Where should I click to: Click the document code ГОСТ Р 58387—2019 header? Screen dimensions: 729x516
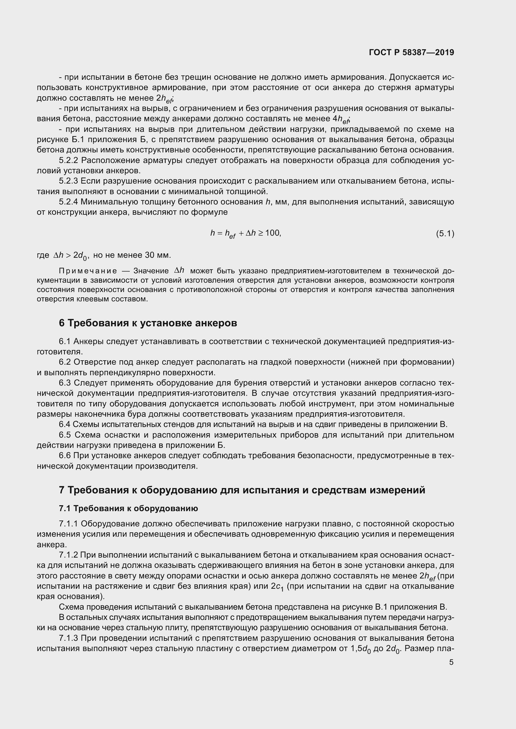(x=411, y=52)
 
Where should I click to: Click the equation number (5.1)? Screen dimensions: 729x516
(x=445, y=234)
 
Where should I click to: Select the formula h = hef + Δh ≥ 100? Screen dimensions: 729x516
(x=246, y=234)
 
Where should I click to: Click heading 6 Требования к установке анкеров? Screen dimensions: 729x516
(x=148, y=323)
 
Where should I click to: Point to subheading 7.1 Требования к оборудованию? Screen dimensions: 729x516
(x=128, y=508)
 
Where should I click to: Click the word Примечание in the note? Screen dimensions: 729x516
(x=88, y=271)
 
